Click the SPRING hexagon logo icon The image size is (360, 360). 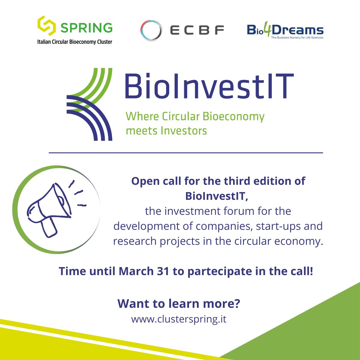[x=46, y=26]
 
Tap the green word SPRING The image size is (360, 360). [x=86, y=28]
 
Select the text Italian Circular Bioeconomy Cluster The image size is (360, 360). [x=74, y=42]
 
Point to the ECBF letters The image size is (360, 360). [x=197, y=30]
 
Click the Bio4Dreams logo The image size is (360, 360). [x=285, y=30]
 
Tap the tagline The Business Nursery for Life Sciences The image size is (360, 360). [x=297, y=38]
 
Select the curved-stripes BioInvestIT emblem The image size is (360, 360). [x=89, y=104]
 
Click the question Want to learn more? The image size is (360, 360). [x=179, y=304]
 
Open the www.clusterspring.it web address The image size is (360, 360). [x=179, y=319]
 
